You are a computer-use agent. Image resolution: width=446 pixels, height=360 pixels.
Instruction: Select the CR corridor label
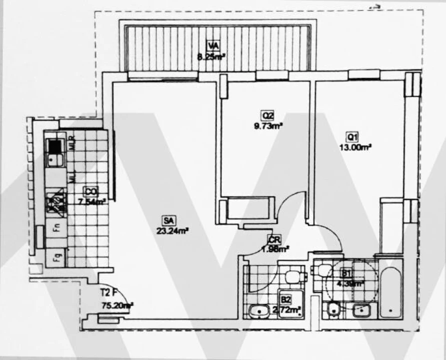click(273, 239)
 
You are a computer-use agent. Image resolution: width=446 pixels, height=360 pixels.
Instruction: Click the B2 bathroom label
click(286, 299)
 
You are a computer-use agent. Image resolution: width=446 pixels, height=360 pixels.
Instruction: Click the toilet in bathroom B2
click(292, 276)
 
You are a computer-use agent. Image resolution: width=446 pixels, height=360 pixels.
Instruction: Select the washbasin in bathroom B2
click(259, 311)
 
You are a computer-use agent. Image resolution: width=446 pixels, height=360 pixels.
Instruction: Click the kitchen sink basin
click(55, 160)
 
